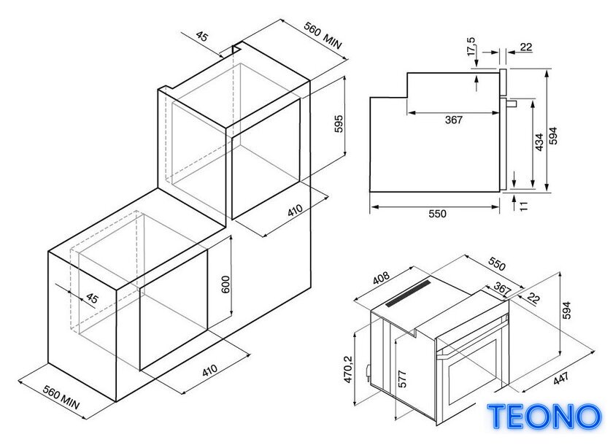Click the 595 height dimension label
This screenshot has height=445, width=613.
click(x=339, y=123)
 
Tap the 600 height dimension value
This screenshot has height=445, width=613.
click(x=225, y=285)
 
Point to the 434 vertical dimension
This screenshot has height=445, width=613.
click(x=539, y=142)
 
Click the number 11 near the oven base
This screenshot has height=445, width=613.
click(x=524, y=206)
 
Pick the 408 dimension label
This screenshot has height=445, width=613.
click(x=381, y=278)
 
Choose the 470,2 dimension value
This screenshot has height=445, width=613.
click(x=348, y=369)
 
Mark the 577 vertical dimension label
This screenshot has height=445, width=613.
click(x=402, y=379)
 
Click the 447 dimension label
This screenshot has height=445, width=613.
click(x=560, y=378)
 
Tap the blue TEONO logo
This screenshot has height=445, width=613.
click(x=544, y=417)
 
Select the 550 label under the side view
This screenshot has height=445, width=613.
click(x=437, y=214)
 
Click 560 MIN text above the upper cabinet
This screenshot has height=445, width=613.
click(x=323, y=36)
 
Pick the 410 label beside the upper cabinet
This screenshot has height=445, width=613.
click(x=295, y=210)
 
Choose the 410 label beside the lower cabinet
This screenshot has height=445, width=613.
click(x=209, y=371)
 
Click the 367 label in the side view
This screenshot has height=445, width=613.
click(x=453, y=120)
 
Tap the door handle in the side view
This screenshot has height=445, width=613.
click(x=512, y=103)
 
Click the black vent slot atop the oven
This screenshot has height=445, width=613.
click(x=408, y=293)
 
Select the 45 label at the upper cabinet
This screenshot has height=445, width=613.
click(x=201, y=36)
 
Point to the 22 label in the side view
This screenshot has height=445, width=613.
click(x=526, y=47)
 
